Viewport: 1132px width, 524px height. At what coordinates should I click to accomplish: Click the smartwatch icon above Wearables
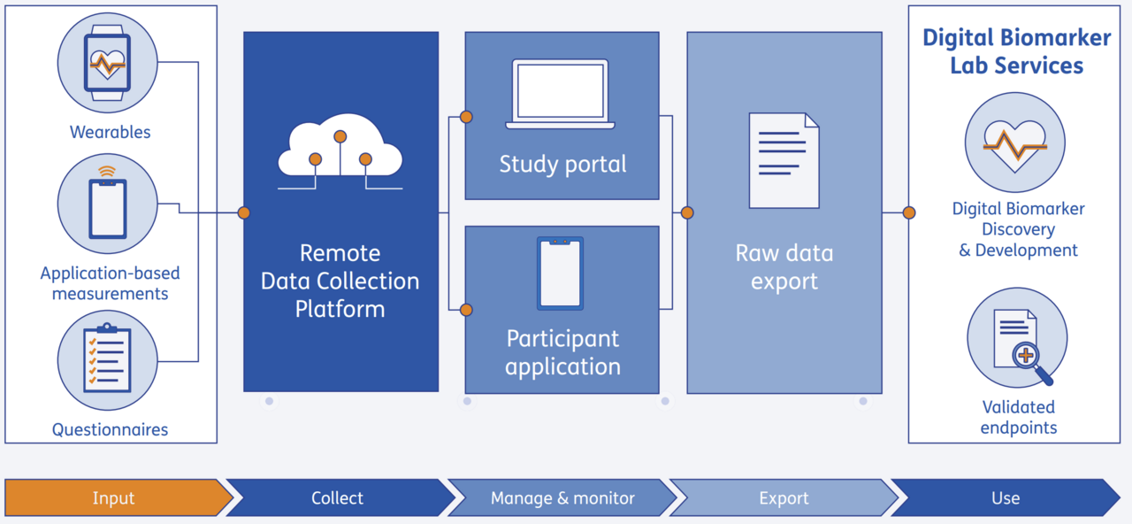click(x=107, y=62)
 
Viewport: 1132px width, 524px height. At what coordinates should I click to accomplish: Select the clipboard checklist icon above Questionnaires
click(x=107, y=359)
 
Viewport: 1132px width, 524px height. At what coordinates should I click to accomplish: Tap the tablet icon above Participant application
click(x=560, y=273)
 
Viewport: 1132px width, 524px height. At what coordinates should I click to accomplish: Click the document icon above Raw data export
click(x=784, y=160)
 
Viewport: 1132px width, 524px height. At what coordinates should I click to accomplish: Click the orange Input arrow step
click(x=115, y=497)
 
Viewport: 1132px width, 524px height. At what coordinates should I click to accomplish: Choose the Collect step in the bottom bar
click(x=337, y=497)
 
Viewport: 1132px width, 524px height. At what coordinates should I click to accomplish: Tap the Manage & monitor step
click(x=562, y=497)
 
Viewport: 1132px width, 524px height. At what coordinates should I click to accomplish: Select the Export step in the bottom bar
click(x=784, y=497)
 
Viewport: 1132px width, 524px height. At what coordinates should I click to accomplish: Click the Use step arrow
click(x=1006, y=497)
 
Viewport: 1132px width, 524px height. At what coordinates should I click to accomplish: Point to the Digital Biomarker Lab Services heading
click(x=1016, y=51)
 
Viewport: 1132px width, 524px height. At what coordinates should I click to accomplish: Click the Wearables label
click(x=111, y=132)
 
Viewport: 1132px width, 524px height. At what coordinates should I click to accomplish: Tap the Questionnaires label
click(x=110, y=430)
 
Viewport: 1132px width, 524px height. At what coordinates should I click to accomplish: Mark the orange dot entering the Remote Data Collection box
click(x=243, y=212)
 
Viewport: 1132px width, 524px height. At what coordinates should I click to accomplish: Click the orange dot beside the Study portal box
click(x=466, y=117)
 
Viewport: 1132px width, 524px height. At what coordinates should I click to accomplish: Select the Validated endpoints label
click(x=1019, y=417)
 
